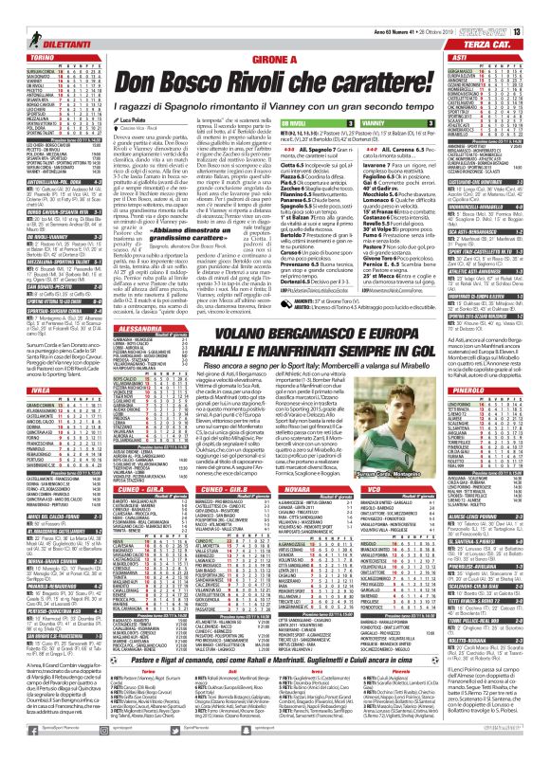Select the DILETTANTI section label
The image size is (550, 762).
pyautogui.click(x=42, y=30)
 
